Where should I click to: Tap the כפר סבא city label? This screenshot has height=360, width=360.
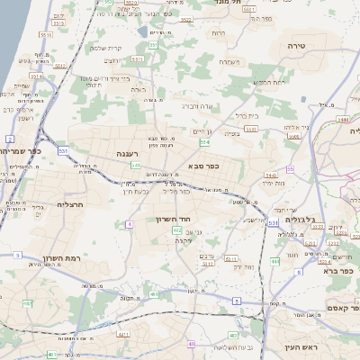pos(207,166)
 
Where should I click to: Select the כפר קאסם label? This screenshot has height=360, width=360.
pos(342,308)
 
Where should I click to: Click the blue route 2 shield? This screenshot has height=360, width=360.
pos(9,139)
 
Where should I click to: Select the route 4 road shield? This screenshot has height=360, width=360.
pos(130,223)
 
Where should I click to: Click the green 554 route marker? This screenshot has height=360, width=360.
pos(205,142)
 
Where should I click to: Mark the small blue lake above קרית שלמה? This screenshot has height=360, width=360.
pos(142,32)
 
